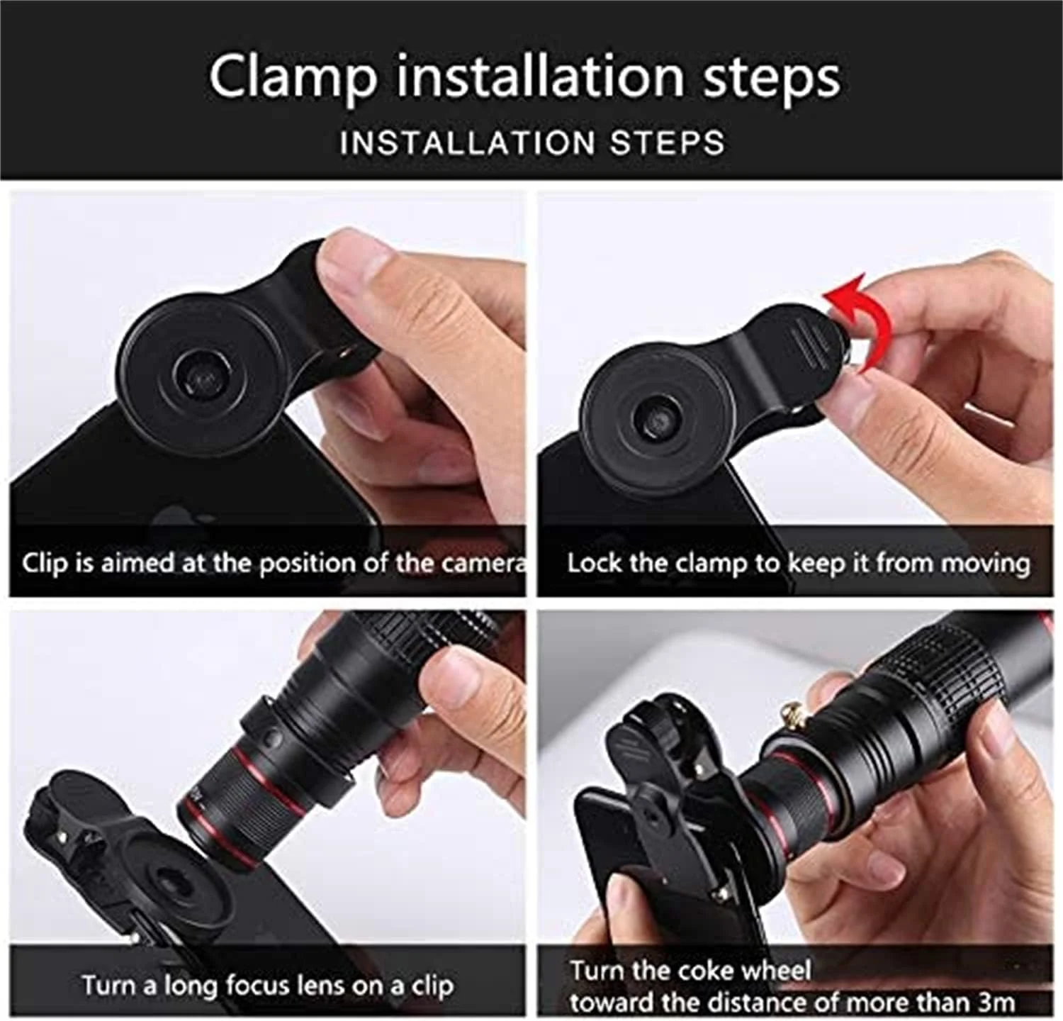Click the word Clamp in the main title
(293, 77)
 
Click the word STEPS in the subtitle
(668, 143)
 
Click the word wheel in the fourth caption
(775, 970)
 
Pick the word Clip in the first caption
(45, 563)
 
